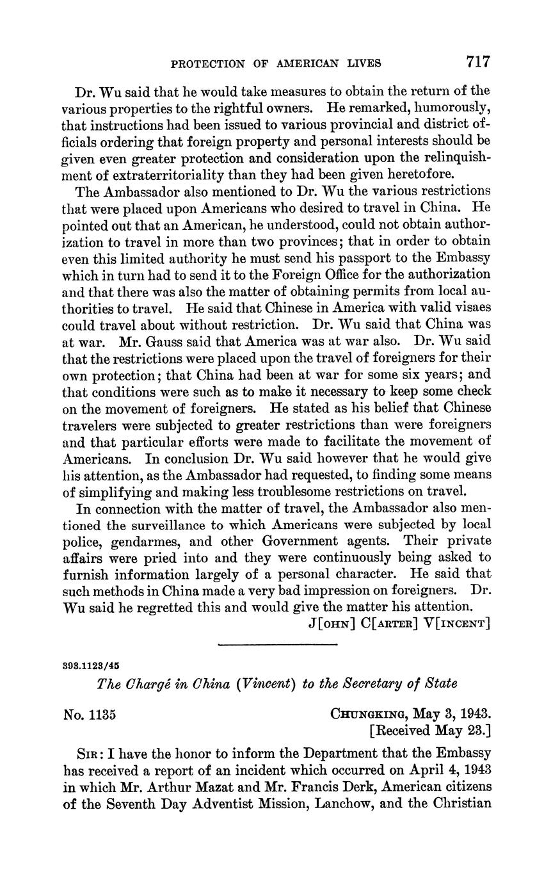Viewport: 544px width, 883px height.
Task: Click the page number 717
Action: [478, 61]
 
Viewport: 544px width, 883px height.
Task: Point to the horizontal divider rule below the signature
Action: [277, 644]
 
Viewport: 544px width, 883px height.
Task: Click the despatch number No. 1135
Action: [89, 714]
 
